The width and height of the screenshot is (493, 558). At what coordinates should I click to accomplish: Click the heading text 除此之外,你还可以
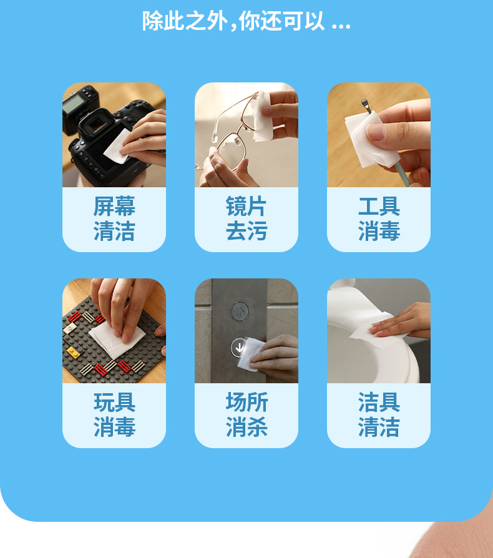click(233, 21)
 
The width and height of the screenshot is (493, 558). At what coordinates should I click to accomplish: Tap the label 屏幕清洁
click(114, 219)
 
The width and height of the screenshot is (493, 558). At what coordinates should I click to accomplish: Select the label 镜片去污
click(246, 219)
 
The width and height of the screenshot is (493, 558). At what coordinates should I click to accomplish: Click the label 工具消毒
click(379, 219)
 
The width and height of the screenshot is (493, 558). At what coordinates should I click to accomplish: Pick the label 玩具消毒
click(114, 415)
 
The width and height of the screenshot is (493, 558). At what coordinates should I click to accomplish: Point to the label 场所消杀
click(246, 415)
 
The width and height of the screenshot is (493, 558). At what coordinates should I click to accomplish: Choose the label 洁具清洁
click(379, 415)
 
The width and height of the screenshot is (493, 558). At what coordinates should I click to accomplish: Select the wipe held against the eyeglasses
click(262, 116)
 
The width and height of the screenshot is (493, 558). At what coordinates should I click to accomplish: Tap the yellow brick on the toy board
click(73, 352)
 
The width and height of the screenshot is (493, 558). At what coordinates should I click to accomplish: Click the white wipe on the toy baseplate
click(117, 339)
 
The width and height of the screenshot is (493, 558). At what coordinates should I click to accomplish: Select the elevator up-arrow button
click(240, 311)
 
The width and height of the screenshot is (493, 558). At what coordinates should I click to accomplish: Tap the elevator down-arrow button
click(238, 347)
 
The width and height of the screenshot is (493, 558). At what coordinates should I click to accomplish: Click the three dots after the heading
click(341, 26)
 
